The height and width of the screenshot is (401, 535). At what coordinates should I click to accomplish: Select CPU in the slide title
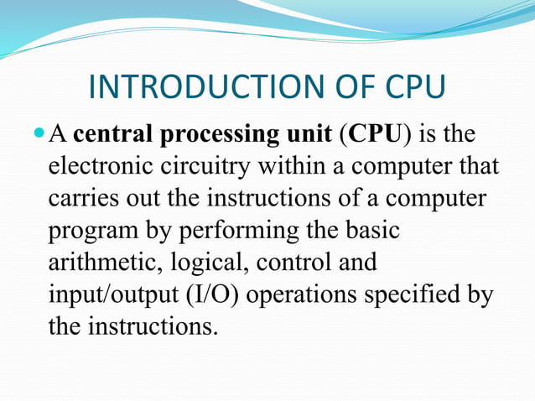tap(411, 87)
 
